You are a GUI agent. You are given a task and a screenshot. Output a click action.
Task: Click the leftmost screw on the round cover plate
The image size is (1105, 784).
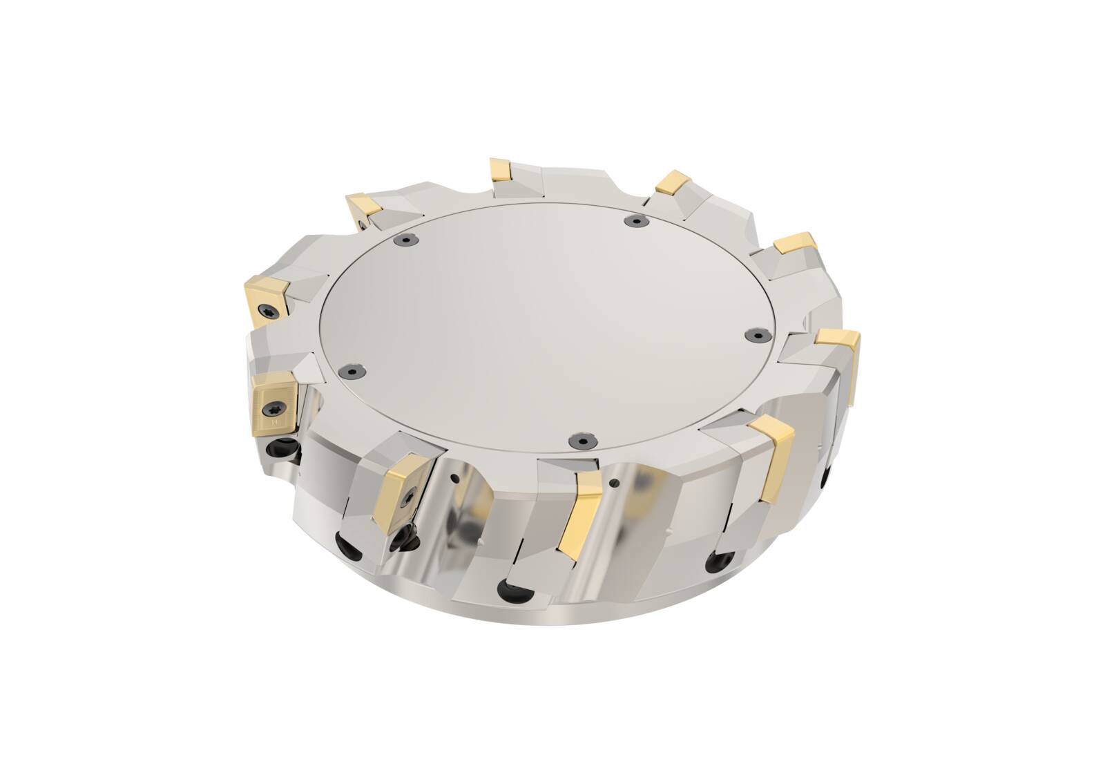352,372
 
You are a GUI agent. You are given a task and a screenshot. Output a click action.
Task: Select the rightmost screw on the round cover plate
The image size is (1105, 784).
754,334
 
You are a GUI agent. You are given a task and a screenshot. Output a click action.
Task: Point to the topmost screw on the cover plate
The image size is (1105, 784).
634,220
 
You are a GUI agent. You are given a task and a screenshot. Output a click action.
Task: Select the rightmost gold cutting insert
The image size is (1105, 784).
840,345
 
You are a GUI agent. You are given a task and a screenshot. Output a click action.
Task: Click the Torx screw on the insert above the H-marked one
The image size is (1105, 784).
265,312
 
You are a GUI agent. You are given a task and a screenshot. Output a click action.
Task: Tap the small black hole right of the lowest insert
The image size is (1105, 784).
613,481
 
